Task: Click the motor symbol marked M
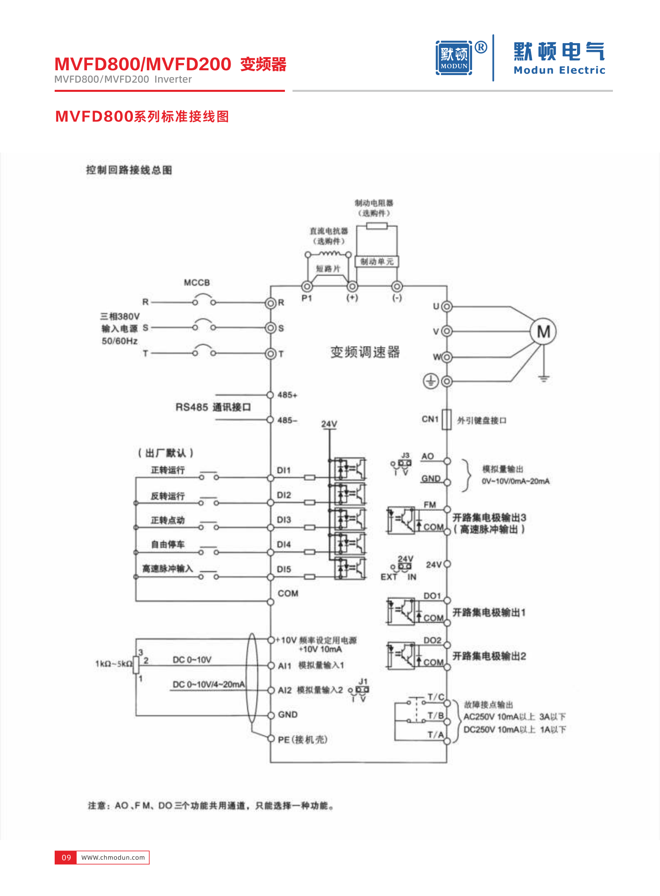tap(543, 331)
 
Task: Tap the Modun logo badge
tap(454, 58)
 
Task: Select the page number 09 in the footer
tap(66, 858)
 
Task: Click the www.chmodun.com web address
tap(113, 858)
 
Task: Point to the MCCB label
tap(197, 283)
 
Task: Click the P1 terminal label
tap(306, 298)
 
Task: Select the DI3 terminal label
tap(284, 520)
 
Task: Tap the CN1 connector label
tap(430, 419)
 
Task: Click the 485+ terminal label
tap(287, 395)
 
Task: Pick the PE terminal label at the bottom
tap(284, 739)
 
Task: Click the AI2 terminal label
tap(285, 690)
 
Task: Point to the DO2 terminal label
tap(432, 640)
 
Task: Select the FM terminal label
tap(430, 505)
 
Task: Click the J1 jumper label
tap(363, 681)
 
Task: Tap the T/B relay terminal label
tap(435, 715)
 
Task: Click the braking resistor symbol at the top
tap(376, 226)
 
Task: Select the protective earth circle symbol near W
tap(431, 381)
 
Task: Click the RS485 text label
tap(192, 407)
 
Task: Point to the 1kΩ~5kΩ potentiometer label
tap(113, 664)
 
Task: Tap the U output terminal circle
tap(447, 307)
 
